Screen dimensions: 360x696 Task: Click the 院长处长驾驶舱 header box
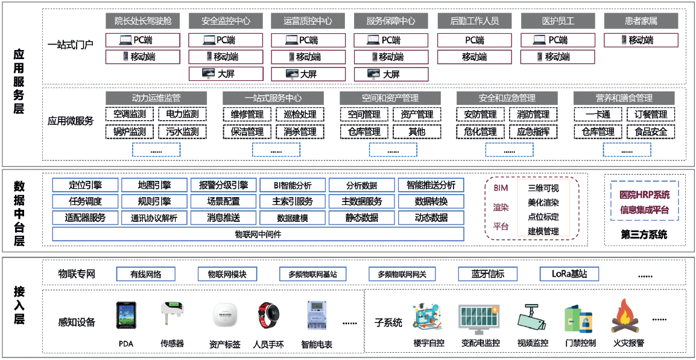point(143,21)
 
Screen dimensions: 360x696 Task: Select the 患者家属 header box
point(641,21)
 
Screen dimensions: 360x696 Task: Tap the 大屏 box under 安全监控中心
point(226,74)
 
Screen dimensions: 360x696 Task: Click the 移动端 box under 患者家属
point(641,40)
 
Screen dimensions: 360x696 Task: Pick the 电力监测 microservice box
point(182,114)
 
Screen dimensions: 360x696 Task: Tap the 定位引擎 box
point(85,185)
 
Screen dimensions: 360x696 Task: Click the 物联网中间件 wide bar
point(258,234)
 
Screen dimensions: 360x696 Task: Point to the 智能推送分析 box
point(431,185)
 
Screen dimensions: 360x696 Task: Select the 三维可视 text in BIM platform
point(543,188)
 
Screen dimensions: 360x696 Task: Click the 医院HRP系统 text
point(644,195)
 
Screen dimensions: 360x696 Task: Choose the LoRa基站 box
point(569,274)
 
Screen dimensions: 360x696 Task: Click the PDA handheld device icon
point(125,317)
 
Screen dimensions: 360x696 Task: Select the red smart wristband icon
point(268,317)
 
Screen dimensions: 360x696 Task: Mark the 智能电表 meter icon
point(316,317)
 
